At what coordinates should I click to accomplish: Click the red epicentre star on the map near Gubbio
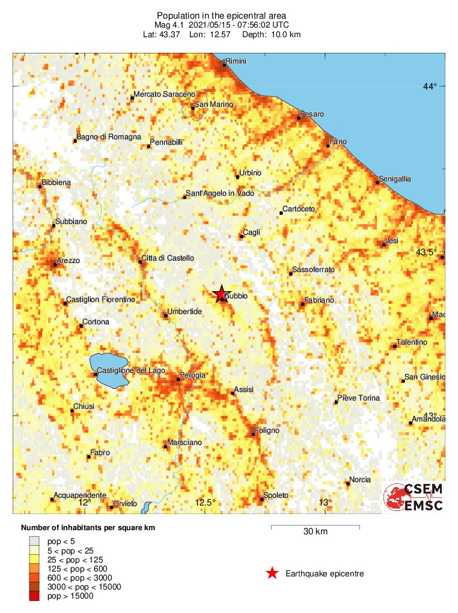pos(220,293)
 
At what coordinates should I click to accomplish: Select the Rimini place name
pos(236,61)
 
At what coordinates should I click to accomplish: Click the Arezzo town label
pos(68,261)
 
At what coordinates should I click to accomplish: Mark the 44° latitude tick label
pos(430,86)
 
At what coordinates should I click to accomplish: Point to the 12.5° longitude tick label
pos(204,503)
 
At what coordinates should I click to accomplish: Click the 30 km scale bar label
pos(316,531)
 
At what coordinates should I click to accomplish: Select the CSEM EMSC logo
pos(414,498)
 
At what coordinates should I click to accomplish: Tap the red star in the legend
pos(272,573)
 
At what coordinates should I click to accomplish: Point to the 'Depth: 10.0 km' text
pos(272,34)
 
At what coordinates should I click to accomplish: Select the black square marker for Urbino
pos(237,177)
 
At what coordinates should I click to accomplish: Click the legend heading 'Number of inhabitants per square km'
pos(88,528)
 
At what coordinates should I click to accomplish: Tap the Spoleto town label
pos(276,495)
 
